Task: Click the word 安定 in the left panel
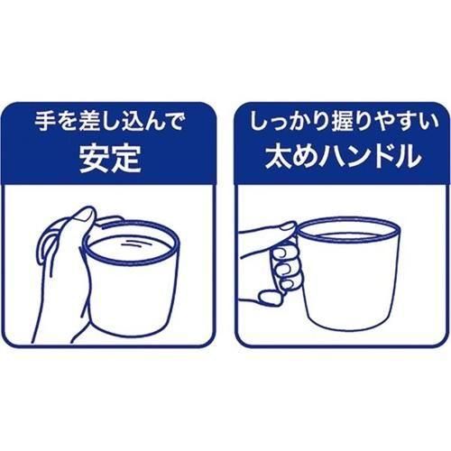(x=110, y=159)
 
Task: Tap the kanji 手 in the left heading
(x=44, y=122)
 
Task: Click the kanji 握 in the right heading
(x=343, y=122)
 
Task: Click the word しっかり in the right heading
(x=289, y=122)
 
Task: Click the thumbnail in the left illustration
(x=84, y=216)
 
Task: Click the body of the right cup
(x=350, y=280)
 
